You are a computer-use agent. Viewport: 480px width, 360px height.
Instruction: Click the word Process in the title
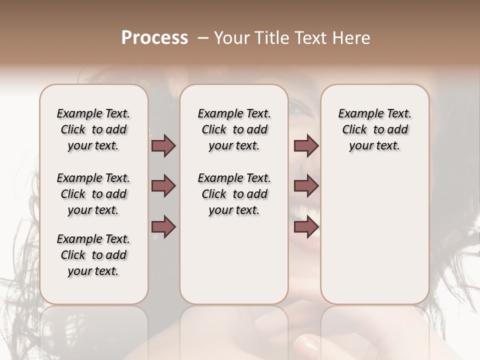coord(154,37)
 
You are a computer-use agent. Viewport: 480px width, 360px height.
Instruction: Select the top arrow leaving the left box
coord(163,145)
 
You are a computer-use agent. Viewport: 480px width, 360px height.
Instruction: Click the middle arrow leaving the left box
coord(163,186)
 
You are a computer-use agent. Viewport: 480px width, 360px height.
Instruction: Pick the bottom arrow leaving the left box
coord(163,226)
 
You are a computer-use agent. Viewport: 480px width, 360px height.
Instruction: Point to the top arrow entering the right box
coord(306,145)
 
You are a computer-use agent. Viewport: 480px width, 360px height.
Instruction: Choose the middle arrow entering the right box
coord(306,186)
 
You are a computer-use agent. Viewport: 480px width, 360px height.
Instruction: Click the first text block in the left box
coord(93,129)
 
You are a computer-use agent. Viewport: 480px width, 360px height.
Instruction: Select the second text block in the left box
coord(93,194)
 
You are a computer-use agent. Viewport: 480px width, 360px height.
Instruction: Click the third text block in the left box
coord(93,255)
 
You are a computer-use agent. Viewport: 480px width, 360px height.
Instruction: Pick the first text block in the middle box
coord(234,129)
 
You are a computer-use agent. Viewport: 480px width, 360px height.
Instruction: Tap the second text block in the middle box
coord(234,194)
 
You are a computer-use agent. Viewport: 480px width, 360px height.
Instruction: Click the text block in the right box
coord(374,129)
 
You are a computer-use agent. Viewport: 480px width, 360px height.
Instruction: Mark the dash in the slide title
coord(203,37)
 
